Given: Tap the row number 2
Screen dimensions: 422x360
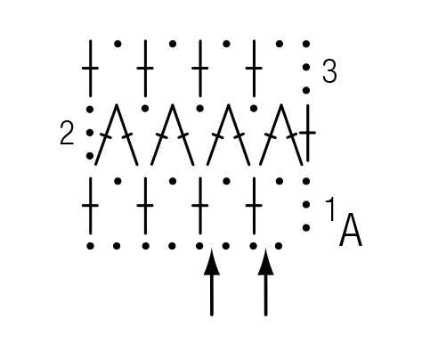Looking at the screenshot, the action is [x=67, y=133].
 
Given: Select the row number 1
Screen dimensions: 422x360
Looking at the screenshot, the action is [x=330, y=209].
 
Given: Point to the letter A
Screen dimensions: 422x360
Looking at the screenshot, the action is [x=351, y=229].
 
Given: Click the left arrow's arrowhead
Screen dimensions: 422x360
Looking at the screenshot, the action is [x=212, y=263].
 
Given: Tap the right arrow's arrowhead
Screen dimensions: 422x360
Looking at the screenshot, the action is [x=265, y=263].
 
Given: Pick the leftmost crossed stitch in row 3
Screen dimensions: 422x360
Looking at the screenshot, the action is [x=90, y=69].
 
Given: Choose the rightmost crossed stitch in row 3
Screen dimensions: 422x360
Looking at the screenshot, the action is [x=254, y=69].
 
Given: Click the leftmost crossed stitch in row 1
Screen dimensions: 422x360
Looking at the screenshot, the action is [x=90, y=206].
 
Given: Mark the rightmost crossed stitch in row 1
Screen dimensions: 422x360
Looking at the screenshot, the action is [x=254, y=206].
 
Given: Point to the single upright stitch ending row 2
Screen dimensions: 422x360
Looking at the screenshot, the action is [x=308, y=133].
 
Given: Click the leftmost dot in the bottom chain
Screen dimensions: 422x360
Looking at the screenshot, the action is [x=91, y=246].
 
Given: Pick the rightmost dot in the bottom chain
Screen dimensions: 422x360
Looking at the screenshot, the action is [x=279, y=246].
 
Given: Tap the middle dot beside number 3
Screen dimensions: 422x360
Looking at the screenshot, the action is [x=306, y=68].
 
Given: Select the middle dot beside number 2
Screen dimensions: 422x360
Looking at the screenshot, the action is [x=90, y=133].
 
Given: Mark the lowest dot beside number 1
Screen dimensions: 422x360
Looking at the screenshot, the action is [x=306, y=228].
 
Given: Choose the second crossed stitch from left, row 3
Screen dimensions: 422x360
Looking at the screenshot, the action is [x=145, y=69].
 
